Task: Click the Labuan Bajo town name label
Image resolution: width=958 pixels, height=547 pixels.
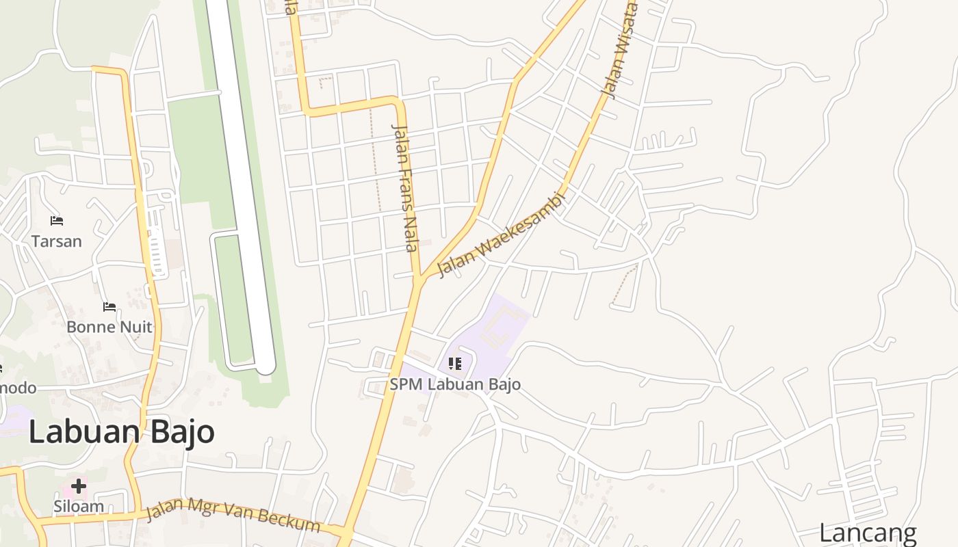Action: tap(122, 432)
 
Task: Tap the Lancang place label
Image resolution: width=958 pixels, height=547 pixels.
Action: tap(868, 533)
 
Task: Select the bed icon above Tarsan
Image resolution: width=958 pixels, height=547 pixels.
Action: tap(57, 221)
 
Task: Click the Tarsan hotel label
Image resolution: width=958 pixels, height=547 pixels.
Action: tap(57, 241)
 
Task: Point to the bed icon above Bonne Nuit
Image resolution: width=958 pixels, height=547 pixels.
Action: tap(109, 306)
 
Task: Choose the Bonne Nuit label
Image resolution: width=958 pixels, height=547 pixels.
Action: tap(109, 327)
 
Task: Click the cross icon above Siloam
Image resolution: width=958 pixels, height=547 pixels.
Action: tap(79, 486)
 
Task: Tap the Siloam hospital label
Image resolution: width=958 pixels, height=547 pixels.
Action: tap(79, 507)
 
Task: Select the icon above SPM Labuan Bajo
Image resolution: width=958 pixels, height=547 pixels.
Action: tap(455, 364)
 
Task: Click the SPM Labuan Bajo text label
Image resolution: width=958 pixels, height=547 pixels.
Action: tap(455, 384)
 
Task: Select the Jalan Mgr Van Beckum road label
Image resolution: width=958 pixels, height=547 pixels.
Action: tap(233, 514)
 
